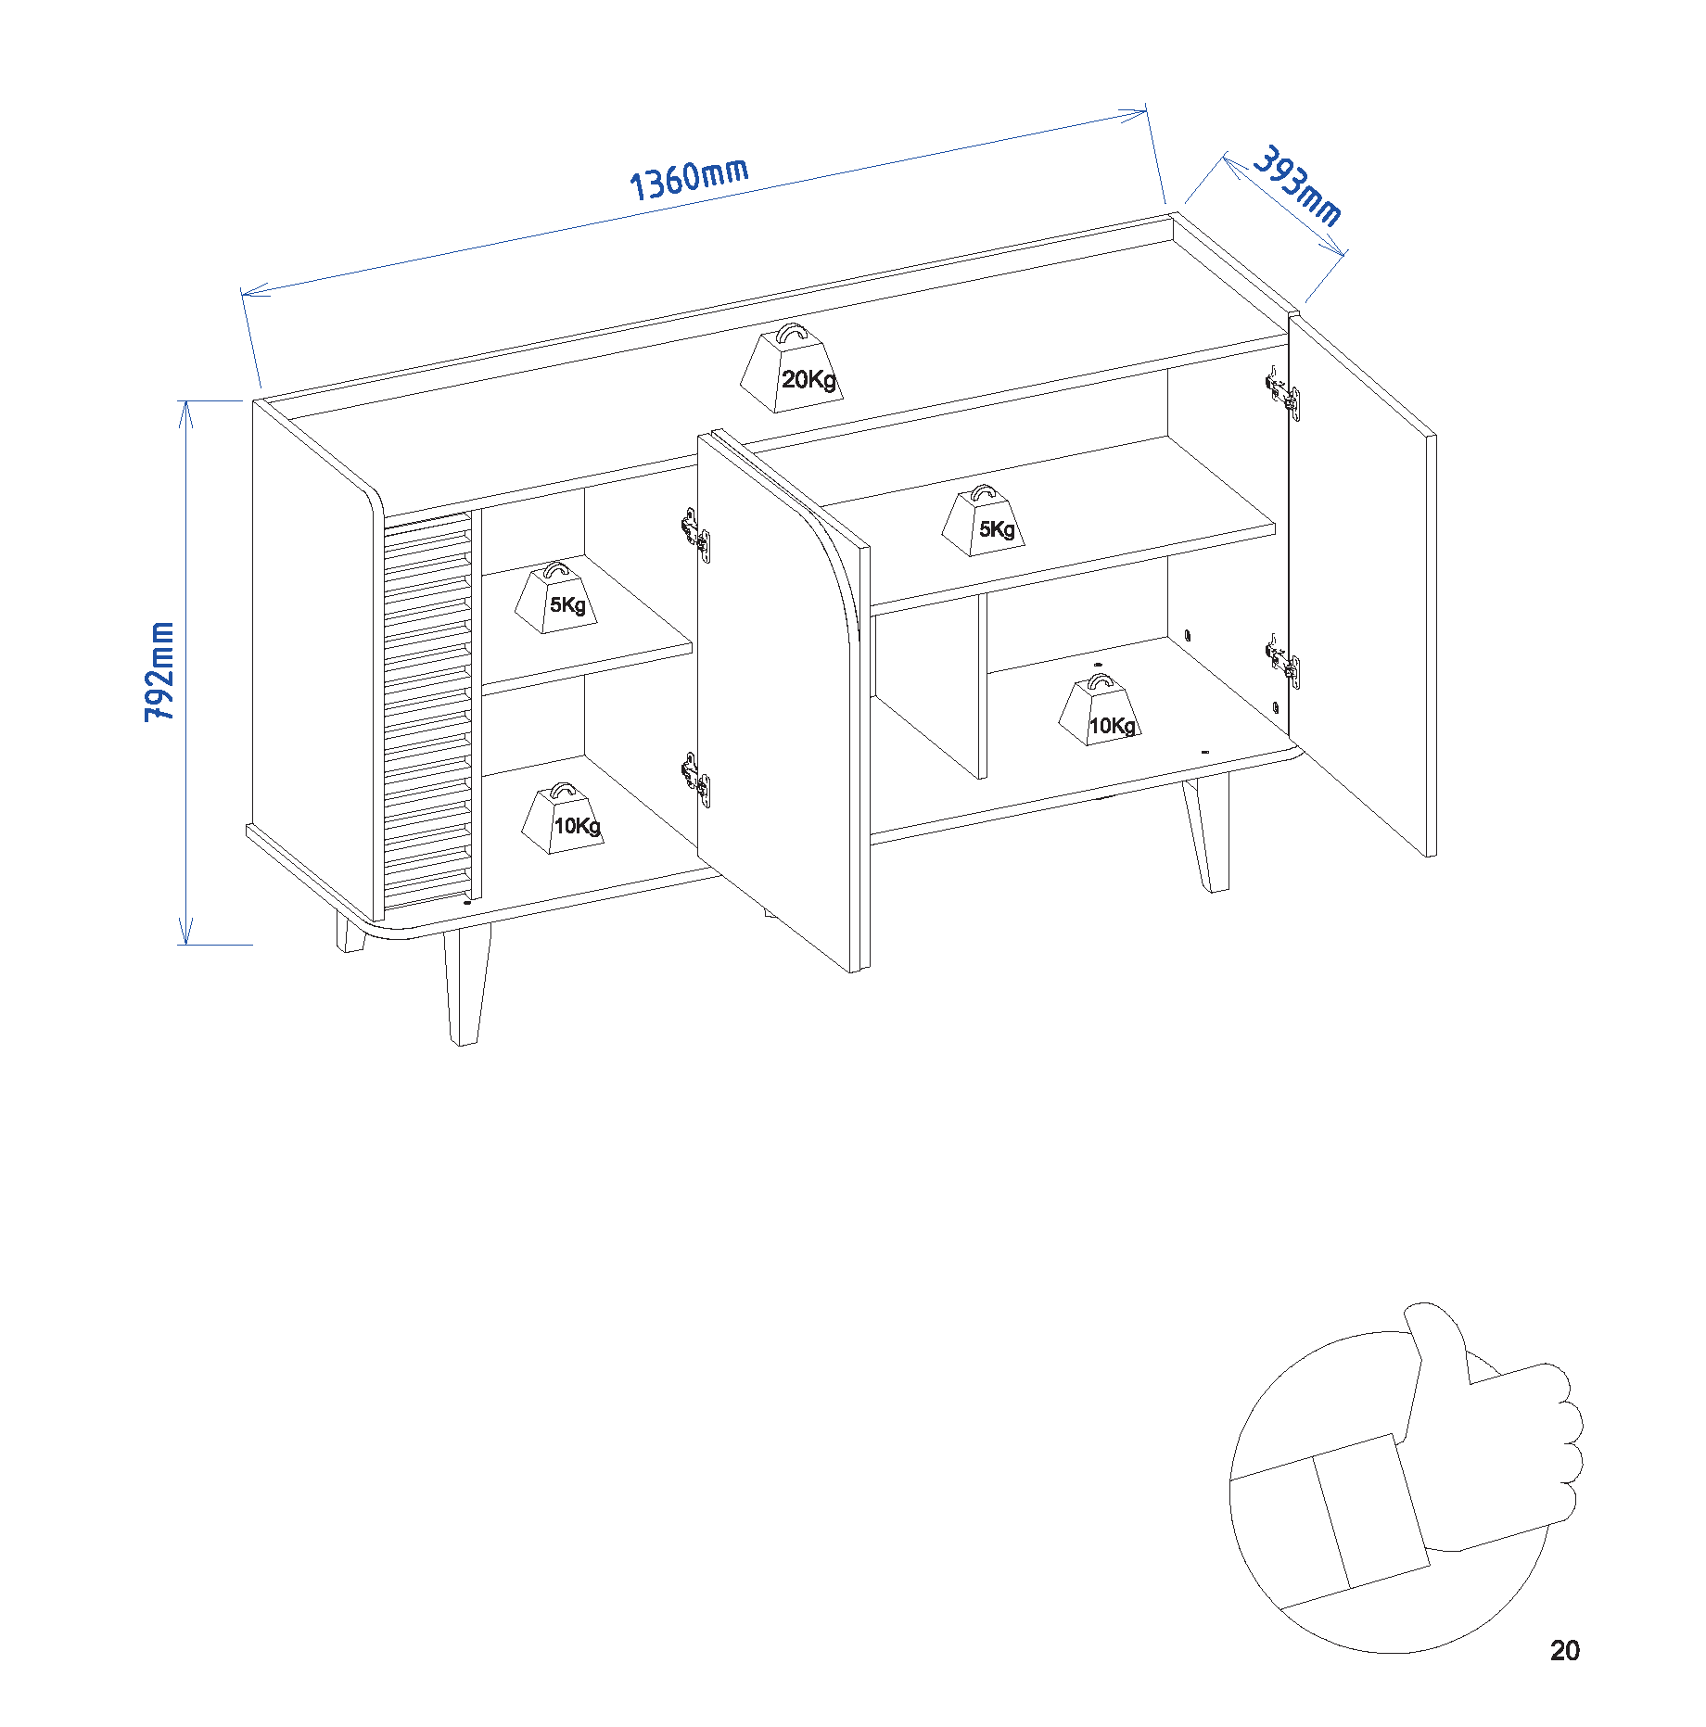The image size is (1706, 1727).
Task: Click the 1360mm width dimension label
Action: coord(688,178)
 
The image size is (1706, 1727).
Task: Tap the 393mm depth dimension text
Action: coord(1297,185)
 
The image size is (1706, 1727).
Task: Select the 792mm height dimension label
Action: coord(159,672)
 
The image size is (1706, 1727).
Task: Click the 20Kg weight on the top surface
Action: coord(793,371)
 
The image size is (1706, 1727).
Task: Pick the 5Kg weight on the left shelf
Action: coord(556,600)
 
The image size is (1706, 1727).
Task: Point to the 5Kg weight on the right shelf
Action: coord(984,523)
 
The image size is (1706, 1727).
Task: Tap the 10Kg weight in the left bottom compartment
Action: coord(563,820)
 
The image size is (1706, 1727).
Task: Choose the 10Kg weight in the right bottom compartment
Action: coord(1100,714)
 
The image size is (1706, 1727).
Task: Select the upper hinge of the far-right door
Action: coord(1284,394)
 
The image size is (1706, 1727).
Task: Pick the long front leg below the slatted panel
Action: coord(465,983)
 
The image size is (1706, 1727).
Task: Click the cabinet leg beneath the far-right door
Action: coord(1207,834)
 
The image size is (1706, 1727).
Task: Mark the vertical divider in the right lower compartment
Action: coord(982,686)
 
